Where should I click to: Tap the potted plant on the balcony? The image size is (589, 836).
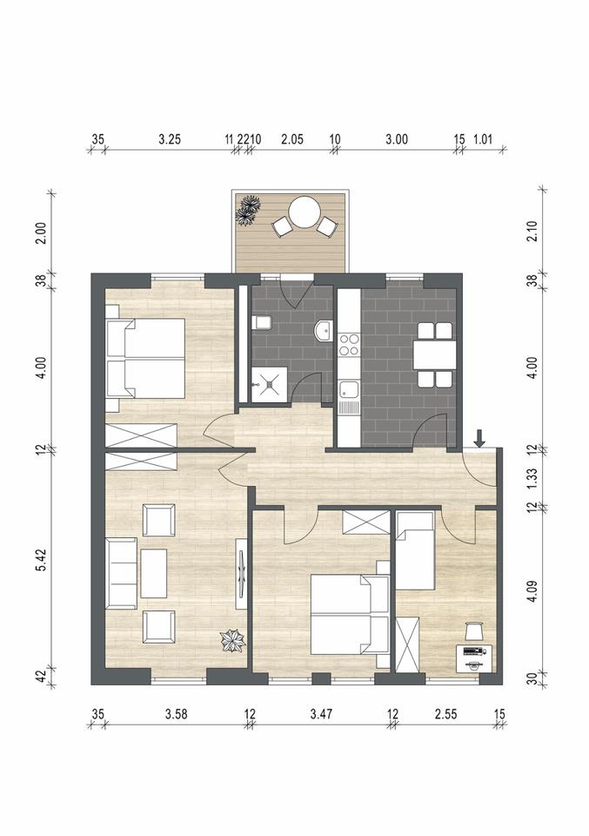[x=249, y=210]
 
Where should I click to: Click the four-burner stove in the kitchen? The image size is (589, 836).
[x=349, y=345]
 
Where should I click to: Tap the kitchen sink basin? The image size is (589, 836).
[x=350, y=391]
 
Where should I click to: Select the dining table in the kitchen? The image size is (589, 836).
[x=434, y=354]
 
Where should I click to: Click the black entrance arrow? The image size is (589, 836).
[x=480, y=438]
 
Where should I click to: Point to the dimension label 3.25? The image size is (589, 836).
[x=170, y=139]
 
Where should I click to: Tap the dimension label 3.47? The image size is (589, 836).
[x=321, y=714]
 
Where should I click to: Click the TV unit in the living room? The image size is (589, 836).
[x=242, y=574]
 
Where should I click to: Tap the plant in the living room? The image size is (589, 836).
[x=234, y=640]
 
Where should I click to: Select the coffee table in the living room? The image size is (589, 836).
[x=154, y=574]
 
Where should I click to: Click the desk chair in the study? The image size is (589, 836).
[x=473, y=631]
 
